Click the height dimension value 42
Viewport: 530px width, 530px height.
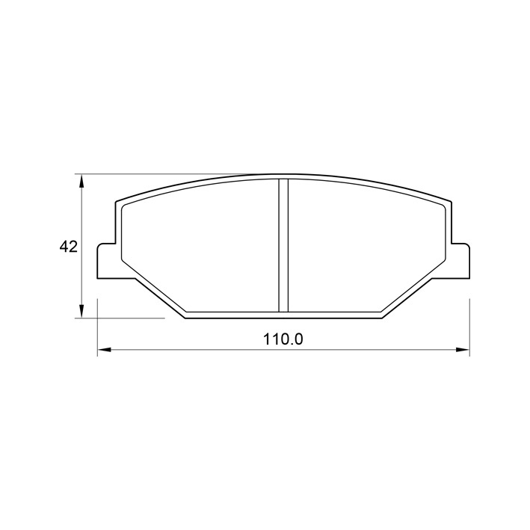point(69,247)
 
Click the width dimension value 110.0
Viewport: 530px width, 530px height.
point(283,339)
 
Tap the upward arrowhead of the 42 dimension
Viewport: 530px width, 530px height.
point(81,181)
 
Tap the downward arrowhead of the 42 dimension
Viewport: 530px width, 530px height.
point(81,311)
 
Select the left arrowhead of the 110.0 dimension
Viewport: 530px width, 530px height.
point(104,350)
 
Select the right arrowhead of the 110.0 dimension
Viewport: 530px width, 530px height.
point(463,350)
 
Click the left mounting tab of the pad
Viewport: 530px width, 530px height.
point(106,261)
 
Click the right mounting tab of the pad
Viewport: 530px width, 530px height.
point(460,261)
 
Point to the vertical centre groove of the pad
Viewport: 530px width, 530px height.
point(283,245)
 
